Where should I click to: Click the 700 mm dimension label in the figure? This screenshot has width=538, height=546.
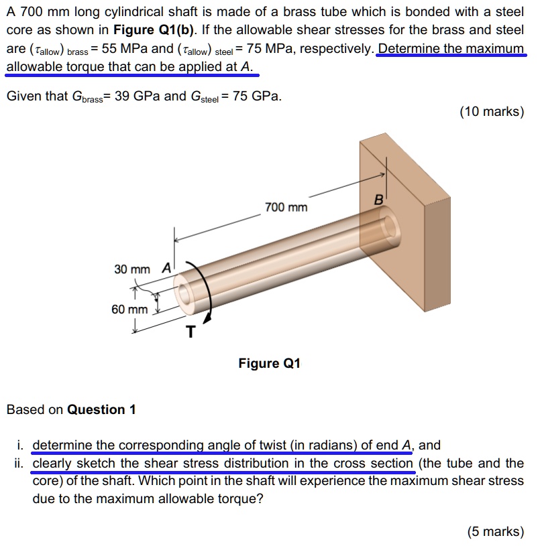click(286, 208)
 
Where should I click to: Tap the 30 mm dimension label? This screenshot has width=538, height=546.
click(131, 269)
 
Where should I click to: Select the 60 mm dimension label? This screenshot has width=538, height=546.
click(129, 310)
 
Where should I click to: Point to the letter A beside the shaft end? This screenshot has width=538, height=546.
click(166, 268)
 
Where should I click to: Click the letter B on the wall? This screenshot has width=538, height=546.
click(378, 200)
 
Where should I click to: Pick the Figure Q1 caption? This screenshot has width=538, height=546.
click(269, 364)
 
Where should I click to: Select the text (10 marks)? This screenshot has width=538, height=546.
click(491, 112)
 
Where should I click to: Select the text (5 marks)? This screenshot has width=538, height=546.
click(495, 531)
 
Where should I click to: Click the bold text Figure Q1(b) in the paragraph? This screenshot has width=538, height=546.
click(151, 31)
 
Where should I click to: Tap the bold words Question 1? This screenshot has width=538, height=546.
click(101, 409)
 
